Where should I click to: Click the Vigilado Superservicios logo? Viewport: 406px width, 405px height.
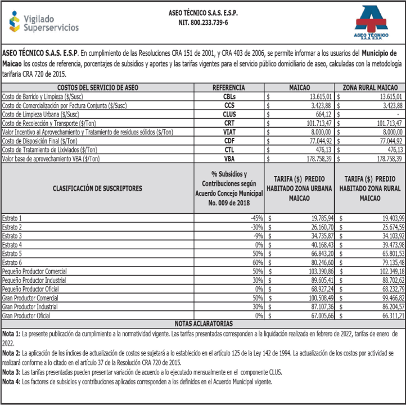[43, 22]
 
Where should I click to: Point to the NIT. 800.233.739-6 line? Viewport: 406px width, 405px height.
[202, 22]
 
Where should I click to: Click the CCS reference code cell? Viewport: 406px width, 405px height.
[229, 105]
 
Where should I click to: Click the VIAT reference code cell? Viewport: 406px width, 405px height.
[229, 132]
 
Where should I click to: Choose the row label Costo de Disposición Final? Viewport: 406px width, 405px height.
[40, 141]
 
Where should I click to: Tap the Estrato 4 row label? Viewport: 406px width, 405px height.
[12, 245]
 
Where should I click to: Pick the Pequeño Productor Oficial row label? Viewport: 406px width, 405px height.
[34, 290]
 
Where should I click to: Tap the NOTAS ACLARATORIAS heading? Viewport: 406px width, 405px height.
[203, 324]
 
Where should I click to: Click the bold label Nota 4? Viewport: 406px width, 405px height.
[12, 382]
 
